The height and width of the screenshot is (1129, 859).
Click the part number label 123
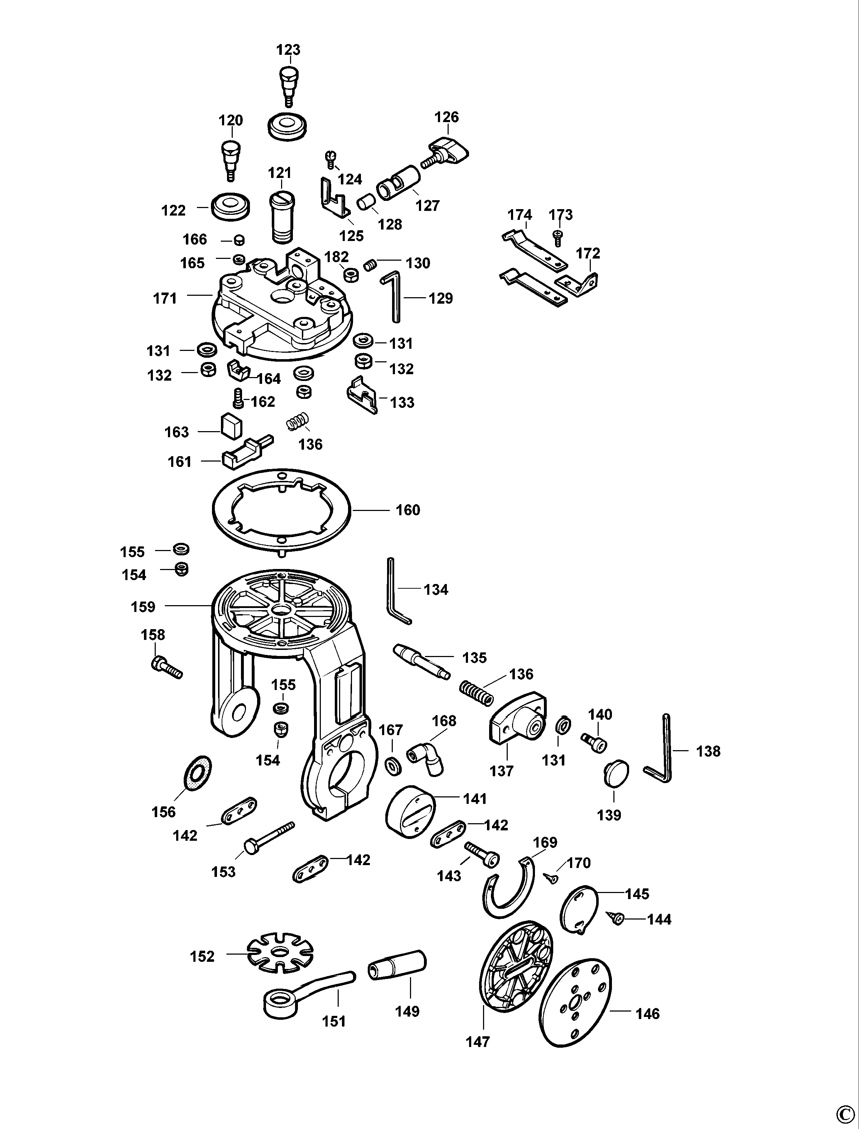click(x=288, y=50)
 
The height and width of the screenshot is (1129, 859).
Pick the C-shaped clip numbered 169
click(x=508, y=889)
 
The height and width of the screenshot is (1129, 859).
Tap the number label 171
click(x=165, y=298)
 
